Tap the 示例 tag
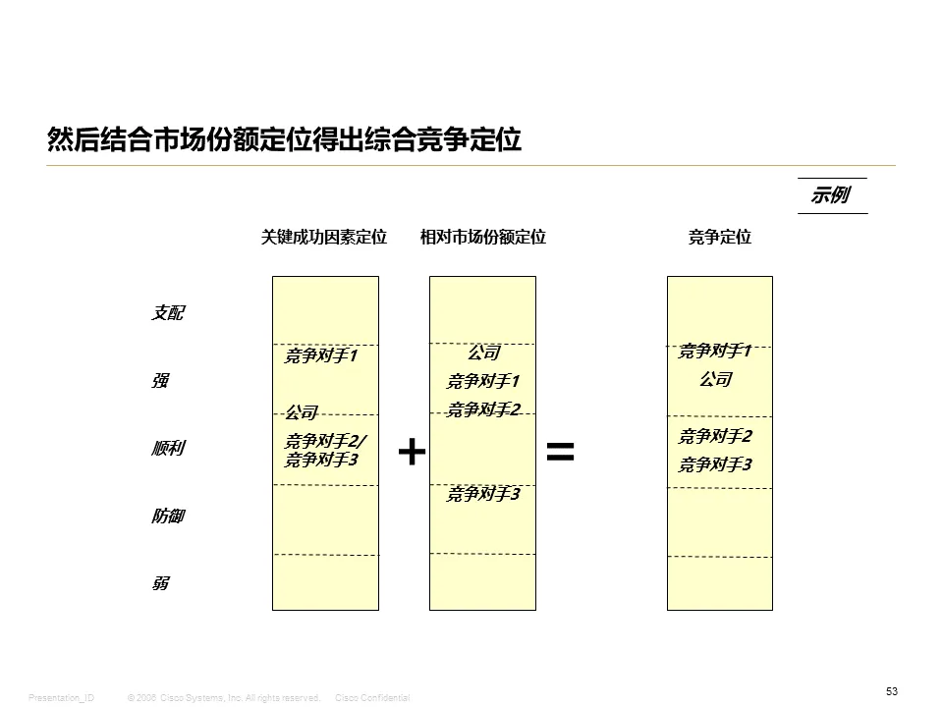click(x=830, y=194)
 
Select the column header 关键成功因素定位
click(x=324, y=237)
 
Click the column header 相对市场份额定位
click(x=483, y=237)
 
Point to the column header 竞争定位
click(x=720, y=237)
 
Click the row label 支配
click(x=167, y=313)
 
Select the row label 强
click(x=159, y=381)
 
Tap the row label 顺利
click(x=167, y=449)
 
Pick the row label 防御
click(x=167, y=516)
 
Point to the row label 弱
click(x=159, y=583)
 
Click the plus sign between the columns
click(x=412, y=452)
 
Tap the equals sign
click(x=560, y=452)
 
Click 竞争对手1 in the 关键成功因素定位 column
click(x=321, y=355)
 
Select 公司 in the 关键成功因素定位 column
click(x=302, y=412)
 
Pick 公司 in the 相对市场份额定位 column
click(x=483, y=353)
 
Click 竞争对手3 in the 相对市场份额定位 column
click(x=483, y=495)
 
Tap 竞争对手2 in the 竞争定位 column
click(x=715, y=436)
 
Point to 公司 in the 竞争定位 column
click(x=715, y=379)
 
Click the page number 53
click(x=892, y=691)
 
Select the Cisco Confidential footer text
click(x=372, y=697)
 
